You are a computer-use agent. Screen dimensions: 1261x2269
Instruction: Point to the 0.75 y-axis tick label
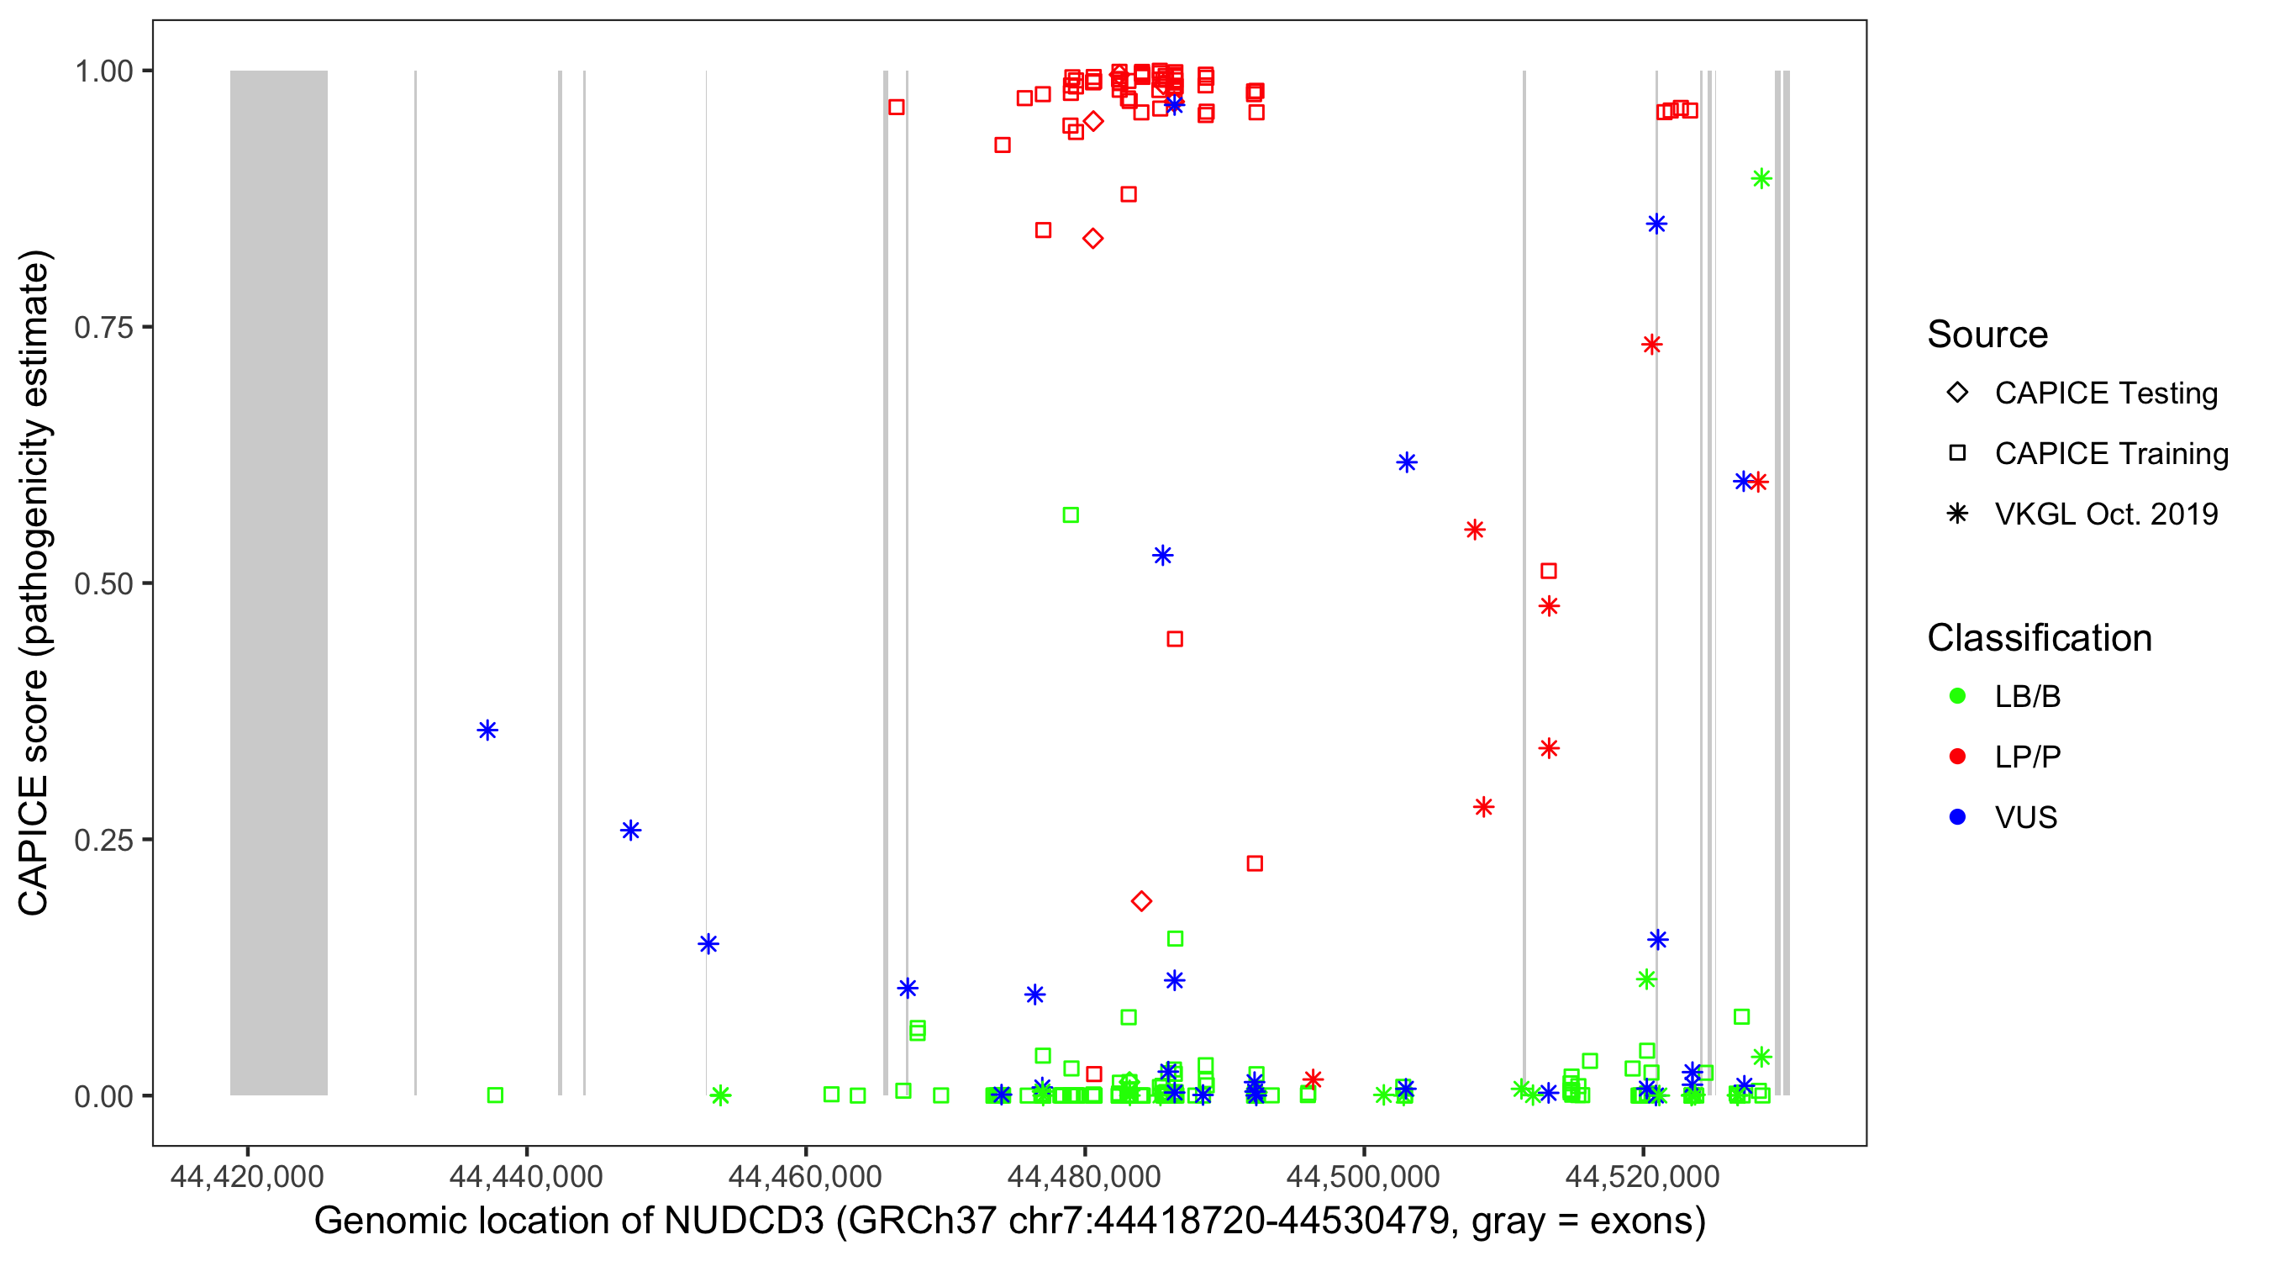point(103,328)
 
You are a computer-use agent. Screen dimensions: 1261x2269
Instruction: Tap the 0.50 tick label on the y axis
point(103,583)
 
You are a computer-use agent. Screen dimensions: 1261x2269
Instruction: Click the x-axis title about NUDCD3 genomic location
point(1009,1221)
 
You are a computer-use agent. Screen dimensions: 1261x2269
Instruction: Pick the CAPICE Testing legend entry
point(2105,393)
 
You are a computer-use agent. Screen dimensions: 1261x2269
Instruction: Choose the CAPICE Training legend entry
point(2110,454)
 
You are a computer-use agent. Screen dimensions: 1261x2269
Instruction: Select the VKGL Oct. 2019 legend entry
point(2105,514)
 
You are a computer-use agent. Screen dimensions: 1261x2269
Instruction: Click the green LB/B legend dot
point(1957,696)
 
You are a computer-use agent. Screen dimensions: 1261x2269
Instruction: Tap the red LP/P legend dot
point(1957,757)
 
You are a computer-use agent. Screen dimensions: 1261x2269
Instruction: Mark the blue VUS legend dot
point(1957,818)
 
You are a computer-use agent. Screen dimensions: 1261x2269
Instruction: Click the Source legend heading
point(1987,335)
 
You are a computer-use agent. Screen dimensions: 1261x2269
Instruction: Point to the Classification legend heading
point(2039,638)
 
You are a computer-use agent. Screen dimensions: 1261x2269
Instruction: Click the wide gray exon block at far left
point(278,582)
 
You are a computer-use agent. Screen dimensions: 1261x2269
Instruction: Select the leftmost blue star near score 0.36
point(487,731)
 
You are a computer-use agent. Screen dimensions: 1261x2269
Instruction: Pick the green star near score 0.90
point(1761,179)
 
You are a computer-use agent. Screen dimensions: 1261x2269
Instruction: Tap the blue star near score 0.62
point(1406,462)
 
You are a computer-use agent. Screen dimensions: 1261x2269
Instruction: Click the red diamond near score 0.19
point(1140,900)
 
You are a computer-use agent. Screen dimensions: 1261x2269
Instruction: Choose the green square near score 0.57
point(1070,514)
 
